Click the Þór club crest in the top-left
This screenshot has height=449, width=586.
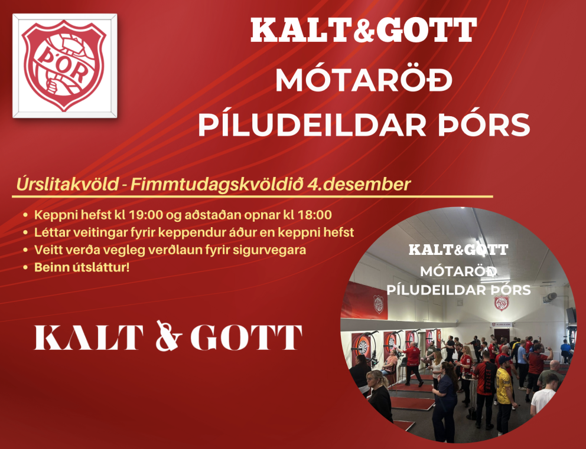[x=64, y=65]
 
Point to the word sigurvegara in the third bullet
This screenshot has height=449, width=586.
[x=276, y=250]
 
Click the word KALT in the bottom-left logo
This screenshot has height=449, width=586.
[x=89, y=337]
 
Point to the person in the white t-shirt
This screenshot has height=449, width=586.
[x=543, y=395]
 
